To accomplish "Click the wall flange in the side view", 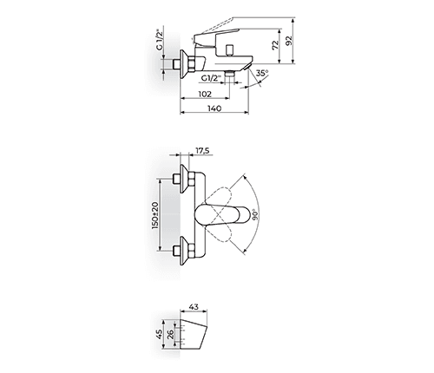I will click(185, 63).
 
